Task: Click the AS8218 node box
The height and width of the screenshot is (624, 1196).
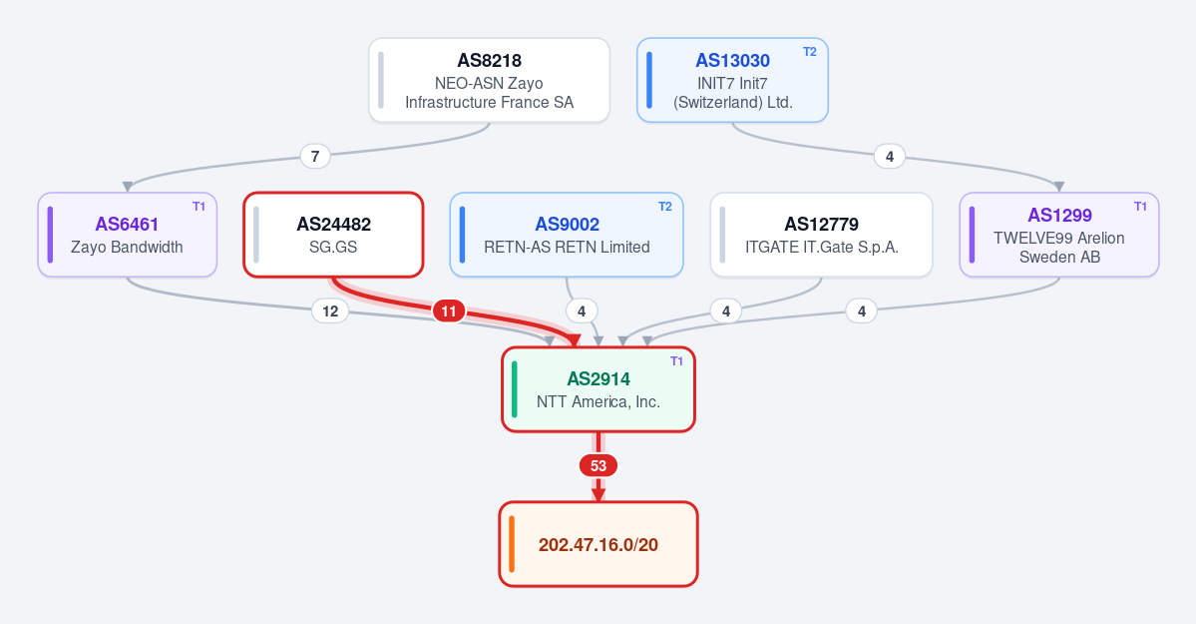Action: [489, 80]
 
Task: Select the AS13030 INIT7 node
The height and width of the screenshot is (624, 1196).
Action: [732, 80]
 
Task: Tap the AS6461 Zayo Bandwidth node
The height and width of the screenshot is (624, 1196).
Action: [128, 235]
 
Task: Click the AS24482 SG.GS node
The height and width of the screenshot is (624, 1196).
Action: [333, 235]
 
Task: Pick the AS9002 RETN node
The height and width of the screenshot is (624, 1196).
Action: [567, 235]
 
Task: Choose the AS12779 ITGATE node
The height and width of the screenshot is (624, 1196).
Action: [822, 235]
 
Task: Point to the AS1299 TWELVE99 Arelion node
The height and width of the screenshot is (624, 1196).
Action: [1059, 235]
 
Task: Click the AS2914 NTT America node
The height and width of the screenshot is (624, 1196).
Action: [598, 389]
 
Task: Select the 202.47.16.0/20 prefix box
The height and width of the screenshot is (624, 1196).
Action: [598, 544]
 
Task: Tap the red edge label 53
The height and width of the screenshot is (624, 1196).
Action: [598, 466]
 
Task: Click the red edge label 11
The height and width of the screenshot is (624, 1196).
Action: [449, 311]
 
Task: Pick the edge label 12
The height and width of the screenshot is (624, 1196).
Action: [330, 311]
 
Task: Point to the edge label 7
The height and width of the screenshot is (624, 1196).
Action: [315, 156]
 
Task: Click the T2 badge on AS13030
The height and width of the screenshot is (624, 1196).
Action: [810, 52]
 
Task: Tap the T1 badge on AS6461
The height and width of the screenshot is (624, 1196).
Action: [199, 207]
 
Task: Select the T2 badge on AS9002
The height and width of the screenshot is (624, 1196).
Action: [665, 207]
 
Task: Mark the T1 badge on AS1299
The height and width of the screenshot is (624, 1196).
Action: [1141, 207]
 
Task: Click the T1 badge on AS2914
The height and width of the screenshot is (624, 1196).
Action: [676, 361]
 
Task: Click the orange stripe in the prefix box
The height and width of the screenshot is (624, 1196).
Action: [512, 544]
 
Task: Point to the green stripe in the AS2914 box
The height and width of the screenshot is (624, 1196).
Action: [515, 389]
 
